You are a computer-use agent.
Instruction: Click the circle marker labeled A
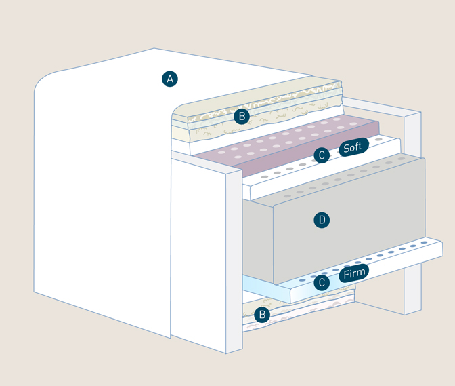pyautogui.click(x=170, y=79)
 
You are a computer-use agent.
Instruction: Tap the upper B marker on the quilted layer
pyautogui.click(x=241, y=117)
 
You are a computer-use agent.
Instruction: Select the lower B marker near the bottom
pyautogui.click(x=262, y=315)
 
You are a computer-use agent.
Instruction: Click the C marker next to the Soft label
pyautogui.click(x=322, y=155)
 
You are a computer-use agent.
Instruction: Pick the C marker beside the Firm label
pyautogui.click(x=322, y=282)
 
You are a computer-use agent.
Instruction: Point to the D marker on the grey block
pyautogui.click(x=322, y=220)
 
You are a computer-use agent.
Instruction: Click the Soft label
pyautogui.click(x=353, y=147)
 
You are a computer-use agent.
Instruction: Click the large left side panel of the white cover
pyautogui.click(x=102, y=204)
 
